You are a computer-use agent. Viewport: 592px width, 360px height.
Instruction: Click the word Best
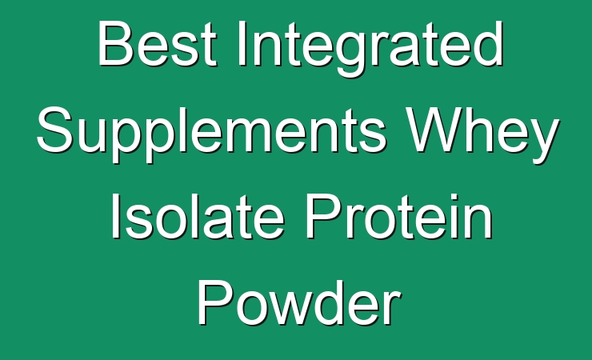(x=158, y=44)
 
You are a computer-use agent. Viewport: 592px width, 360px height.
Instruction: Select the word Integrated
(x=370, y=48)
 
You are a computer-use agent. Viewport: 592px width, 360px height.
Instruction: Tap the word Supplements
(x=212, y=134)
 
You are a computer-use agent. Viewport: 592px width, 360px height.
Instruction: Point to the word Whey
(x=483, y=134)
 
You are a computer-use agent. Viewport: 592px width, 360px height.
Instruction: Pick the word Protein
(x=399, y=216)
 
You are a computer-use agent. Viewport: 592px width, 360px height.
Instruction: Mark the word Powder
(x=298, y=302)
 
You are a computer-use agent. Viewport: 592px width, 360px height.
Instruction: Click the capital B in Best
(x=115, y=44)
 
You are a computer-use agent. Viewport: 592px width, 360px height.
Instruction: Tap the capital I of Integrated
(x=241, y=44)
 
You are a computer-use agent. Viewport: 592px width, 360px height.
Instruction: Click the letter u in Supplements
(x=94, y=137)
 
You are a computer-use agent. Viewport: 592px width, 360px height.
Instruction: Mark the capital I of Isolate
(x=115, y=216)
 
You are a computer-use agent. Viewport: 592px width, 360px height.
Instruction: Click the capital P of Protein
(x=323, y=216)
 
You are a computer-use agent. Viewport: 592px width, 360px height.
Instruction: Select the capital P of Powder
(x=215, y=302)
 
